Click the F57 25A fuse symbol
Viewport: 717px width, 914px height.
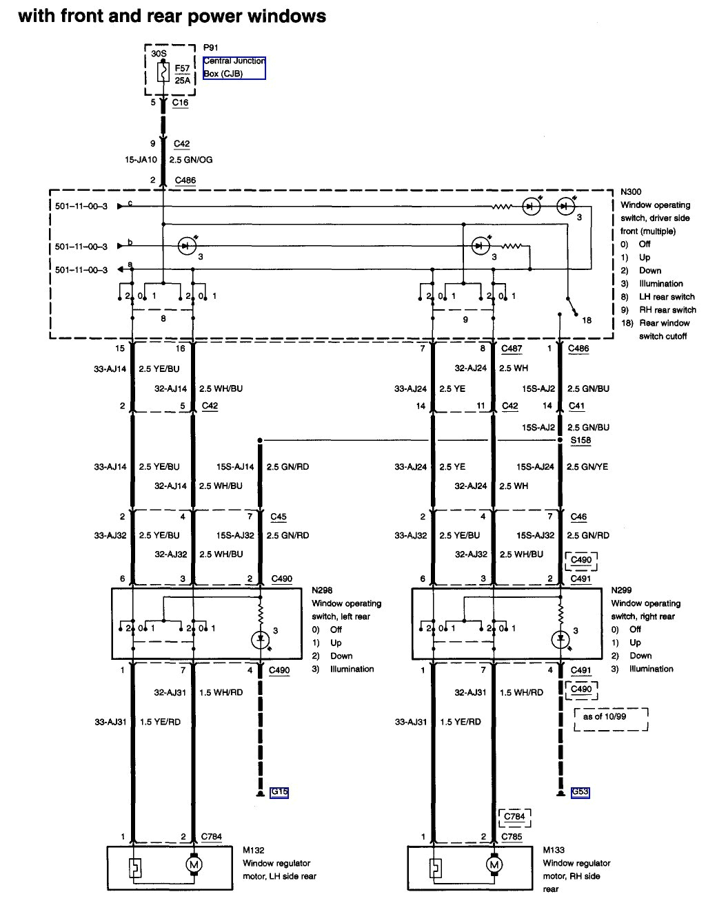(163, 72)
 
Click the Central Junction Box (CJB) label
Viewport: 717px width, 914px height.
(234, 67)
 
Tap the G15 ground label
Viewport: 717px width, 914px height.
(279, 792)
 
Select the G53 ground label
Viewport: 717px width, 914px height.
(580, 792)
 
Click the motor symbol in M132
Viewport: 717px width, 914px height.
(194, 864)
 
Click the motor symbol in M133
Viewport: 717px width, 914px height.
(494, 864)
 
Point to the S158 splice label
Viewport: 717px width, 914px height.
(580, 440)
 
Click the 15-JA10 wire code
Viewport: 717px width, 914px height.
(141, 160)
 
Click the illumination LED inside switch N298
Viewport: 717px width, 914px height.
(260, 639)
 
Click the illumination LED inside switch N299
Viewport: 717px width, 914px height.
(561, 639)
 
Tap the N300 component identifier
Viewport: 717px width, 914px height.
(631, 192)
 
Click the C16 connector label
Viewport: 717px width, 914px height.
(180, 103)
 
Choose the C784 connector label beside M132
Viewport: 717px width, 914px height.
(211, 837)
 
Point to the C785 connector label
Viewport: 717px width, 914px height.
(512, 837)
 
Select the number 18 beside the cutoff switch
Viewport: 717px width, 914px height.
(587, 320)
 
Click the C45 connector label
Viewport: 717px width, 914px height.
(279, 517)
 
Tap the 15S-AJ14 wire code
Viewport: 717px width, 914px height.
(235, 467)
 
